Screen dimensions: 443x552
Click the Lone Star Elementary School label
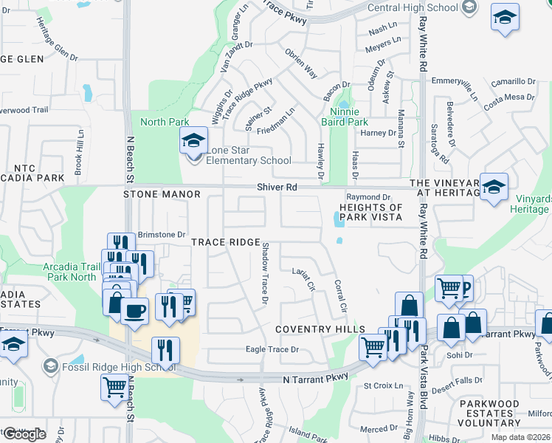[248, 155]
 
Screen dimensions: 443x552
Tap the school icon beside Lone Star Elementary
[193, 141]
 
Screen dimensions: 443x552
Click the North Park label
[165, 122]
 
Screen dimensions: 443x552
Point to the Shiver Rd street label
[277, 188]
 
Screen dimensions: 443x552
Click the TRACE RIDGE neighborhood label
[226, 242]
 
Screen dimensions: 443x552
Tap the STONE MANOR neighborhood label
[162, 194]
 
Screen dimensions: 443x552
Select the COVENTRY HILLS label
[320, 329]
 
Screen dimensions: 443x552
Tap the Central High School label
[402, 8]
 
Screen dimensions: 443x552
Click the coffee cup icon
[134, 311]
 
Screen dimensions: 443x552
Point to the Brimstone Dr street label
[161, 234]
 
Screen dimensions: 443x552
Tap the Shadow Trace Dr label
[265, 272]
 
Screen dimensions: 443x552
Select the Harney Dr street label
[379, 133]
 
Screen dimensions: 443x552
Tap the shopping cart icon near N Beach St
[114, 387]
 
